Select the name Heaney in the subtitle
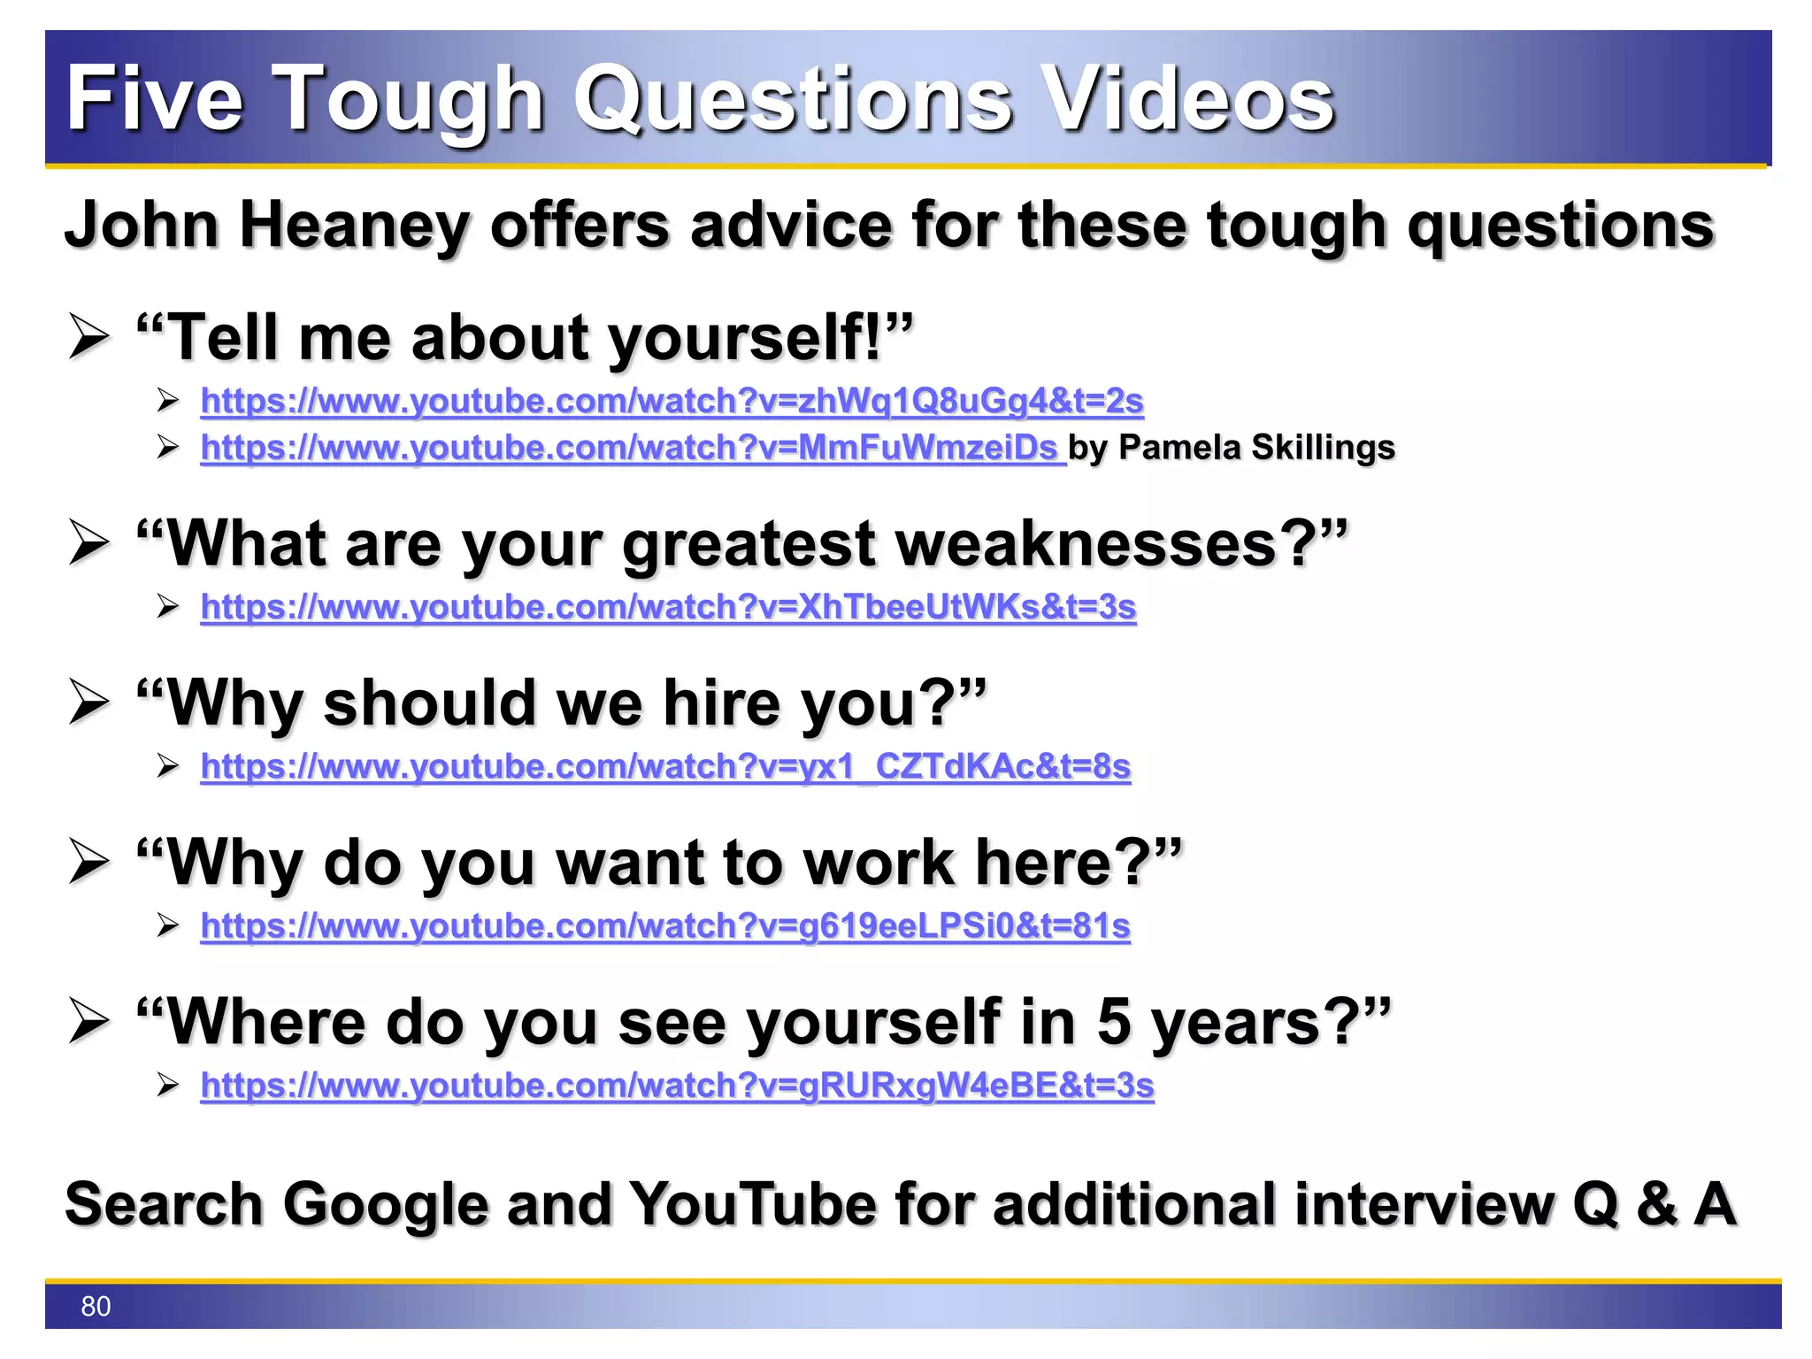pos(354,225)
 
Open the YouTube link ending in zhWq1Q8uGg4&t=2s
pos(672,401)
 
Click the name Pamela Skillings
pos(1256,448)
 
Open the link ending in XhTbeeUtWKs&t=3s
pos(668,607)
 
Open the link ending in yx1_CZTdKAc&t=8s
pos(665,766)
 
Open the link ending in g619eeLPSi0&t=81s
pos(665,925)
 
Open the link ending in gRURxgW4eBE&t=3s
pos(677,1085)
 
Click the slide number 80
pos(96,1306)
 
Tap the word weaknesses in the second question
pos(1086,543)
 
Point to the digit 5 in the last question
pos(1114,1022)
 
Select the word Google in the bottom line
pos(386,1204)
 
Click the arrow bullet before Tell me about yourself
pos(89,338)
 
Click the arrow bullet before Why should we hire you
pos(89,703)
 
